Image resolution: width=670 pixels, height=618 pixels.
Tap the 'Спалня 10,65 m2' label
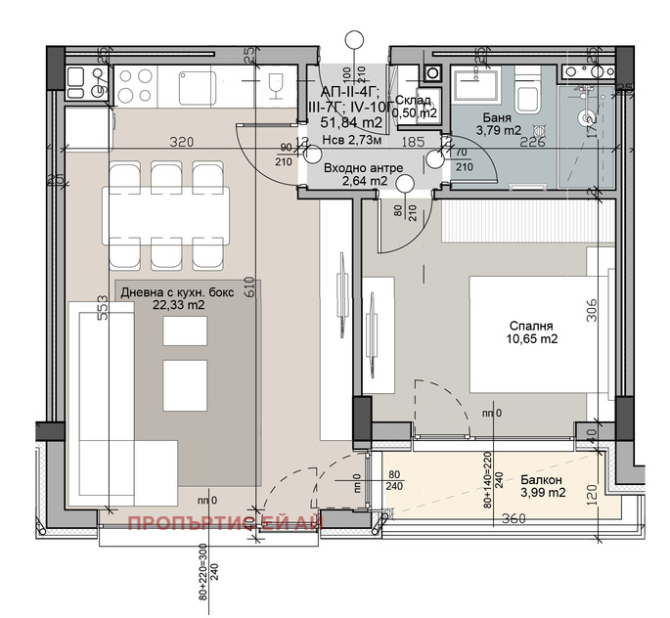[531, 332]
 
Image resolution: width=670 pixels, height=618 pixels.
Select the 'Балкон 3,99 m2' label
[541, 486]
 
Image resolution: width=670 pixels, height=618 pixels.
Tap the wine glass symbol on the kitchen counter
[276, 85]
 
